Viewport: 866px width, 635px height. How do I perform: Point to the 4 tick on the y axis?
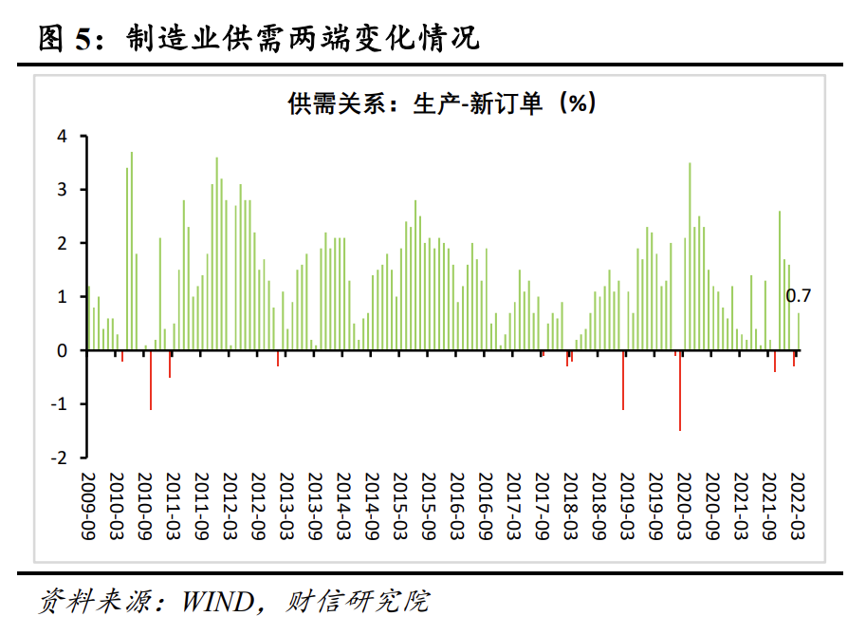(62, 136)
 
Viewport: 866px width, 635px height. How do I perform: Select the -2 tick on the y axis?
(59, 458)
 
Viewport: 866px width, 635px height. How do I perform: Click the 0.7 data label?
(799, 297)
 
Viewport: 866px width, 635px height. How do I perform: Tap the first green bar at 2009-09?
(89, 318)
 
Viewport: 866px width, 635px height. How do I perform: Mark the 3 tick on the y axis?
(62, 190)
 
